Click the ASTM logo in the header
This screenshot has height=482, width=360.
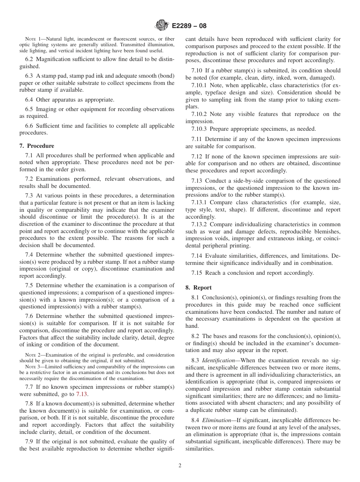tap(162, 26)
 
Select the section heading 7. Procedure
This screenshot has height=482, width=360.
tap(37, 146)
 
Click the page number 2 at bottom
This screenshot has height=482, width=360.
tap(180, 466)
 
